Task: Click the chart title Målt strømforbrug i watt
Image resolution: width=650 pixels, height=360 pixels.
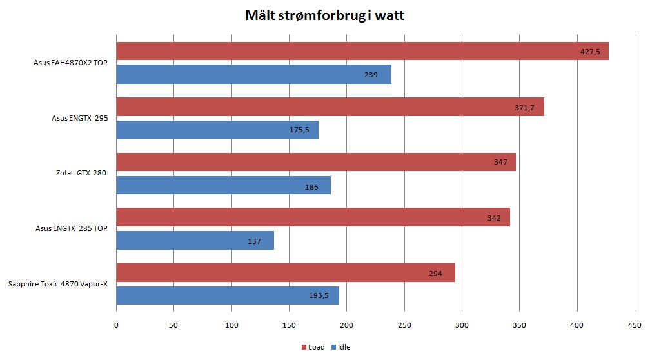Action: [x=325, y=15]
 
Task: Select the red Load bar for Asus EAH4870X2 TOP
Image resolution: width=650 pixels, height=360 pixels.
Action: [x=362, y=51]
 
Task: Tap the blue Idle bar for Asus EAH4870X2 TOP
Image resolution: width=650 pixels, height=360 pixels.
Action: [x=253, y=74]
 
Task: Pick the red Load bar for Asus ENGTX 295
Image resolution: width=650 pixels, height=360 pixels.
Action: [x=330, y=106]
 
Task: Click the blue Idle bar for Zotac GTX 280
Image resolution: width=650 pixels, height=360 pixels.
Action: [x=223, y=185]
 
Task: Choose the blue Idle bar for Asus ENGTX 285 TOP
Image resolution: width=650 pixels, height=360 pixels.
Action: [x=195, y=241]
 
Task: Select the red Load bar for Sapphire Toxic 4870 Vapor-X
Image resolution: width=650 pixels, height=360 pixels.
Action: [x=285, y=273]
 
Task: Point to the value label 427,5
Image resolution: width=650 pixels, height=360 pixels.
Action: [x=590, y=52]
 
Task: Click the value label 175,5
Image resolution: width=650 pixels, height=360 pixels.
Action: [x=299, y=130]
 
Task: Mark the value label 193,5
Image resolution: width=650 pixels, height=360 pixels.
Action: [x=320, y=296]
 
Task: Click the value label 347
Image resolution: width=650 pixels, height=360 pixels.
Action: [x=500, y=163]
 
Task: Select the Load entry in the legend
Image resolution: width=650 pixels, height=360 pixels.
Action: [x=313, y=347]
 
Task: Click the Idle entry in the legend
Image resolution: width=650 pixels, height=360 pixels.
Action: [x=340, y=347]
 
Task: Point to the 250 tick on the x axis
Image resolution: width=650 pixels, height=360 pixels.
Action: [x=404, y=325]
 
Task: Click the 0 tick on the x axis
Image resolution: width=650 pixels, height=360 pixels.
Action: [x=116, y=325]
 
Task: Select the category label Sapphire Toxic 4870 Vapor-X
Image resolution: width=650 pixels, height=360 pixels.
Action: [x=58, y=285]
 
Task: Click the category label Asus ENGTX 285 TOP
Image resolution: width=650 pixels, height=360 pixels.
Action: [x=71, y=229]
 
